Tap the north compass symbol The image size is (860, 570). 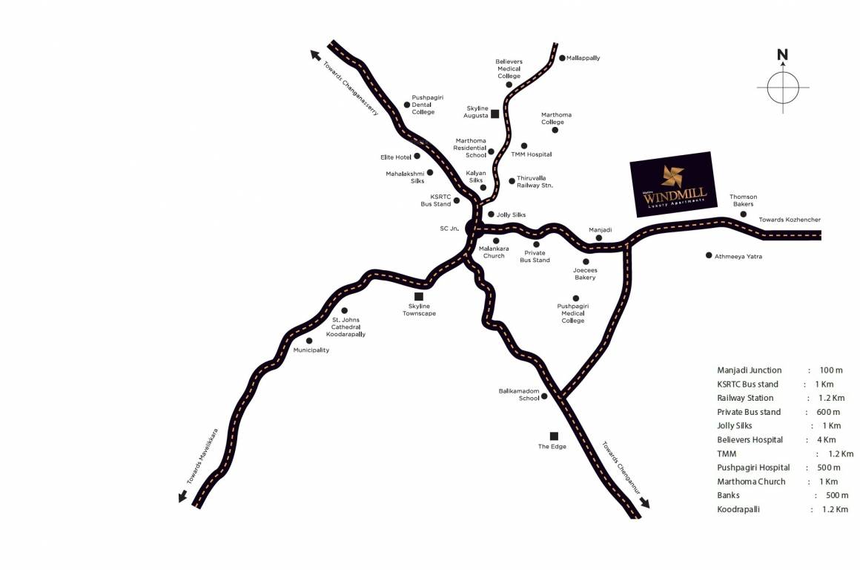pos(782,87)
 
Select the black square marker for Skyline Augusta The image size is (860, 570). pos(494,114)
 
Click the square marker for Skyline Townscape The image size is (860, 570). pos(419,297)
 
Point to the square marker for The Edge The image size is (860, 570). pos(553,436)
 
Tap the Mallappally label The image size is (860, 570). pos(583,58)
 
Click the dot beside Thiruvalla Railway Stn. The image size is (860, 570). pos(512,180)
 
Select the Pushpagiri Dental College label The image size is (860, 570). pos(428,105)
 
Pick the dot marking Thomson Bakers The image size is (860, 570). pos(744,214)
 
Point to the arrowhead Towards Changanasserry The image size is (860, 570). pos(315,54)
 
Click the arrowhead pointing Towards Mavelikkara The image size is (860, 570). pos(182,497)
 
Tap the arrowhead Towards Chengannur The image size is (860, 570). pos(644,502)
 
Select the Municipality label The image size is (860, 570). pos(311,350)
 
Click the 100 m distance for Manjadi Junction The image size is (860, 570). pos(831,370)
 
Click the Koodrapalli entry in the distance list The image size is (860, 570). pos(738,510)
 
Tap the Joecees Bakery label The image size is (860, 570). pos(585,274)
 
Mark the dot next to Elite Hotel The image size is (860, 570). pos(417,156)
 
